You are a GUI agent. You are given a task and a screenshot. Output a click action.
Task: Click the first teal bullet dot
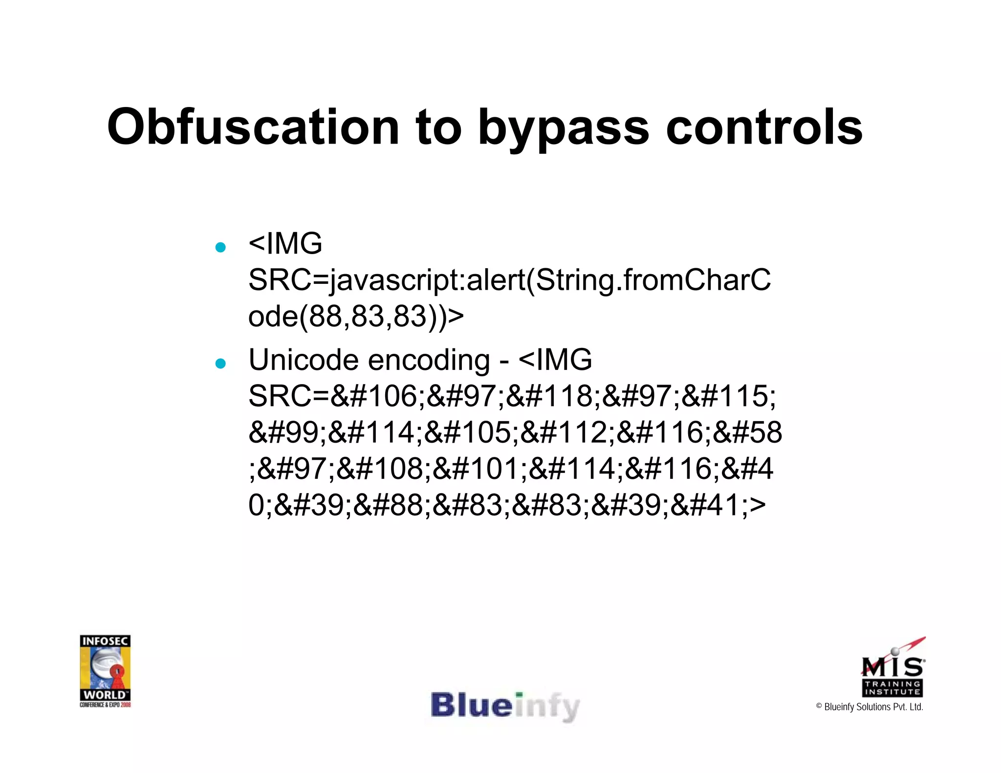[x=220, y=247]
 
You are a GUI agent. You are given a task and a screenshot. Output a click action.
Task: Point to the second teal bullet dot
[x=220, y=364]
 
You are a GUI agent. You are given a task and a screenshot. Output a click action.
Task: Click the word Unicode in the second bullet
[x=304, y=360]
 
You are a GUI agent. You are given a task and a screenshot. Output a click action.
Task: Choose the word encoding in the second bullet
[x=429, y=361]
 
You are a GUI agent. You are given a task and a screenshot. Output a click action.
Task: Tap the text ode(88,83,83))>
[x=356, y=317]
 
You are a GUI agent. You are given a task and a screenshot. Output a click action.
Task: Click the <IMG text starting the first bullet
[x=285, y=243]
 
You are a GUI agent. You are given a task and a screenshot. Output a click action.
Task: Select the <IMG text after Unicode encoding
[x=555, y=360]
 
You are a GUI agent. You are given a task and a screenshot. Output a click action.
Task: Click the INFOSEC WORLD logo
[x=105, y=670]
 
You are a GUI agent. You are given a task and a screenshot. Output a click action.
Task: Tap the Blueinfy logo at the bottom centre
[x=505, y=707]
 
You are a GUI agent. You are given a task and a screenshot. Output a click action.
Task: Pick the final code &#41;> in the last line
[x=718, y=505]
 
